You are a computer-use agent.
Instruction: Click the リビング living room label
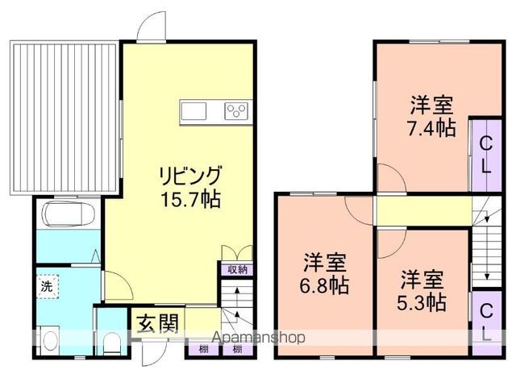[189, 175]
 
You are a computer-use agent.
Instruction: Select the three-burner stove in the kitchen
[238, 110]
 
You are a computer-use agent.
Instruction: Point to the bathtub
[67, 216]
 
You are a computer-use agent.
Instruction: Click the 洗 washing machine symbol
[46, 285]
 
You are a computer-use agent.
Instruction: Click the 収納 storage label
[235, 270]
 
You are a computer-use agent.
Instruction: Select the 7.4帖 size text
[431, 127]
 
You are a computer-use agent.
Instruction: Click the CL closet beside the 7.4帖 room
[485, 156]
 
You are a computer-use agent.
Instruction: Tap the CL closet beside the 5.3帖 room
[485, 322]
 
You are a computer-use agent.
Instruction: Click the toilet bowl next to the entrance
[112, 342]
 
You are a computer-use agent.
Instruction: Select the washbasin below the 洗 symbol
[48, 339]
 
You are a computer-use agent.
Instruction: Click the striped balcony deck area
[64, 118]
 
